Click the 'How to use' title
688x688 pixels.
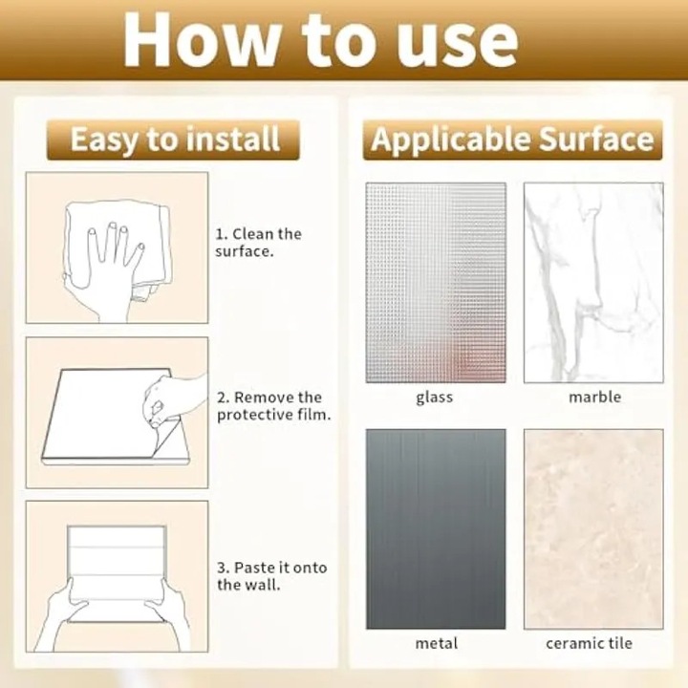pos(320,40)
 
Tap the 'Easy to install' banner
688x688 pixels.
pos(173,140)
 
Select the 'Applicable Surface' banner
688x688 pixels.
pos(512,140)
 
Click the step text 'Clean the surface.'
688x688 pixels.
pos(258,242)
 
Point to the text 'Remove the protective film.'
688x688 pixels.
pos(274,406)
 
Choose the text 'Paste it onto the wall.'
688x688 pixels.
pos(272,575)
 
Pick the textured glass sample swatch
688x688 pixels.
pos(436,283)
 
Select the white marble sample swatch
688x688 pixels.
pos(593,283)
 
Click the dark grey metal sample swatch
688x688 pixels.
pos(436,529)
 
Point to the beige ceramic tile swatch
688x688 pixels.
pos(593,529)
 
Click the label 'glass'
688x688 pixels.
pos(435,398)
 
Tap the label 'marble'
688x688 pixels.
pos(594,398)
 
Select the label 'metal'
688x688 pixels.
pos(436,643)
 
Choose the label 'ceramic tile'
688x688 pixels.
pos(589,643)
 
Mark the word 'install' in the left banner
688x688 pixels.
pos(232,139)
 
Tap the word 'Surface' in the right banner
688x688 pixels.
pos(596,139)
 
